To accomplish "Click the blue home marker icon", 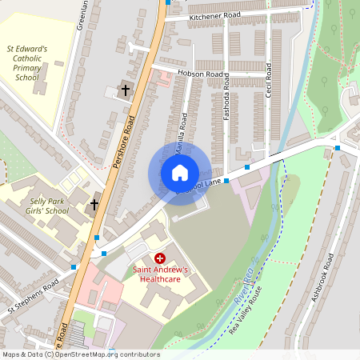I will point(180,172).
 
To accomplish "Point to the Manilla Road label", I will point(184,132).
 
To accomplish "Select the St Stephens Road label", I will point(34,296).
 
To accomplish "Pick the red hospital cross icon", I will point(159,258).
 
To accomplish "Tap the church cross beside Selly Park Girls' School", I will point(94,204).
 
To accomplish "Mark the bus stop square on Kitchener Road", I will point(167,2).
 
